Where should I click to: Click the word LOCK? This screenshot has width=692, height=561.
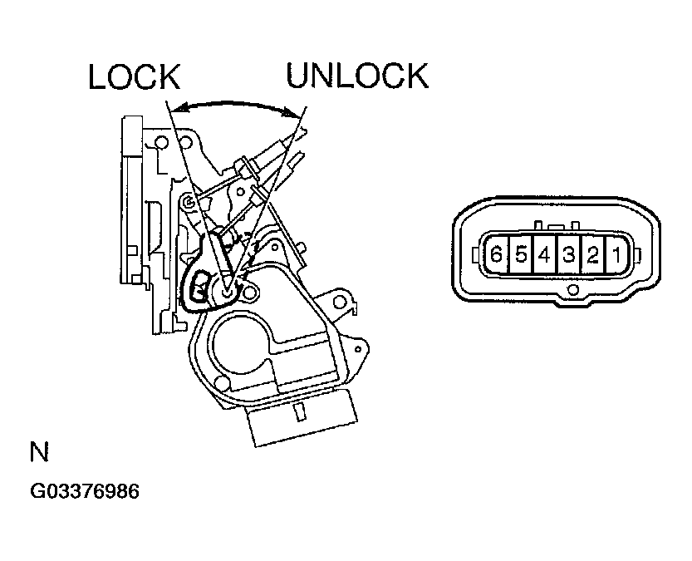point(134,76)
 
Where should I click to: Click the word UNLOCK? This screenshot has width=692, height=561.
point(357,76)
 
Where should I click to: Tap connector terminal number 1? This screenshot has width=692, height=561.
point(616,254)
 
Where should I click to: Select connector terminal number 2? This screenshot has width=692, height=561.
point(592,254)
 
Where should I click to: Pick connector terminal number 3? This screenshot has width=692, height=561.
point(568,254)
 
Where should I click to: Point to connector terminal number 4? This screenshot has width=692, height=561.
point(544,254)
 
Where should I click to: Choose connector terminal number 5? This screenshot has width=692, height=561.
point(520,254)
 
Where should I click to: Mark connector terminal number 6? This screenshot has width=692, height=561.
point(496,254)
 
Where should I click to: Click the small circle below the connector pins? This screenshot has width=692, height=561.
point(572,290)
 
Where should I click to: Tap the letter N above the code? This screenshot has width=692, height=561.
point(39,453)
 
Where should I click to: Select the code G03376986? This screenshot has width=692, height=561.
point(84,491)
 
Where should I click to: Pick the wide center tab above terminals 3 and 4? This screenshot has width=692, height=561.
point(557,225)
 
